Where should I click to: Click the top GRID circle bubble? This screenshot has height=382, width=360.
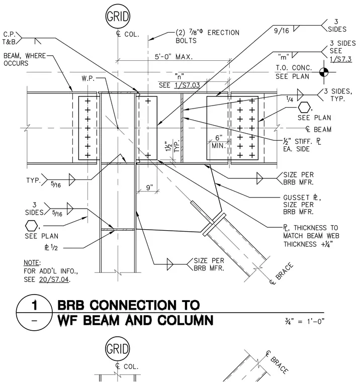tap(118, 17)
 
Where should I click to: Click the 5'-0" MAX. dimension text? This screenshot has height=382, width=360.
tap(174, 57)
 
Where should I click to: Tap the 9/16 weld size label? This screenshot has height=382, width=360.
tap(281, 31)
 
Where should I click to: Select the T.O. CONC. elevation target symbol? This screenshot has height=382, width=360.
tap(324, 72)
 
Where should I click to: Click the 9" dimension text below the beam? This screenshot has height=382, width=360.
tap(150, 187)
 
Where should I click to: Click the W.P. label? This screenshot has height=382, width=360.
tap(88, 78)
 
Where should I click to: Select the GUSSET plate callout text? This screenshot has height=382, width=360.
tap(302, 205)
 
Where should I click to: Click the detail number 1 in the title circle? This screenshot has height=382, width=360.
tap(35, 305)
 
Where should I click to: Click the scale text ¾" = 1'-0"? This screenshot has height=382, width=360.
tap(304, 321)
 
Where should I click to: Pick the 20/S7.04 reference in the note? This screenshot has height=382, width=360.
tap(54, 279)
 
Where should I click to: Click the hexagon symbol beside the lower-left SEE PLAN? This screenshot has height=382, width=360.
tap(32, 226)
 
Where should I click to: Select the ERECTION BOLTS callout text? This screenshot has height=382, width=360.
tap(208, 37)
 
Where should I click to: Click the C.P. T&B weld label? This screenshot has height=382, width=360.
tap(9, 38)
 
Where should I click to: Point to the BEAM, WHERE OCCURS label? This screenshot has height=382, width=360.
tap(25, 59)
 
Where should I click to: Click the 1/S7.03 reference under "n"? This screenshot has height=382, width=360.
tap(187, 85)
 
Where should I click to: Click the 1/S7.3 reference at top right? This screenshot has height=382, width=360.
tap(341, 59)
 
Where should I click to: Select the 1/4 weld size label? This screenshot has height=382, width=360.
tap(290, 99)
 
